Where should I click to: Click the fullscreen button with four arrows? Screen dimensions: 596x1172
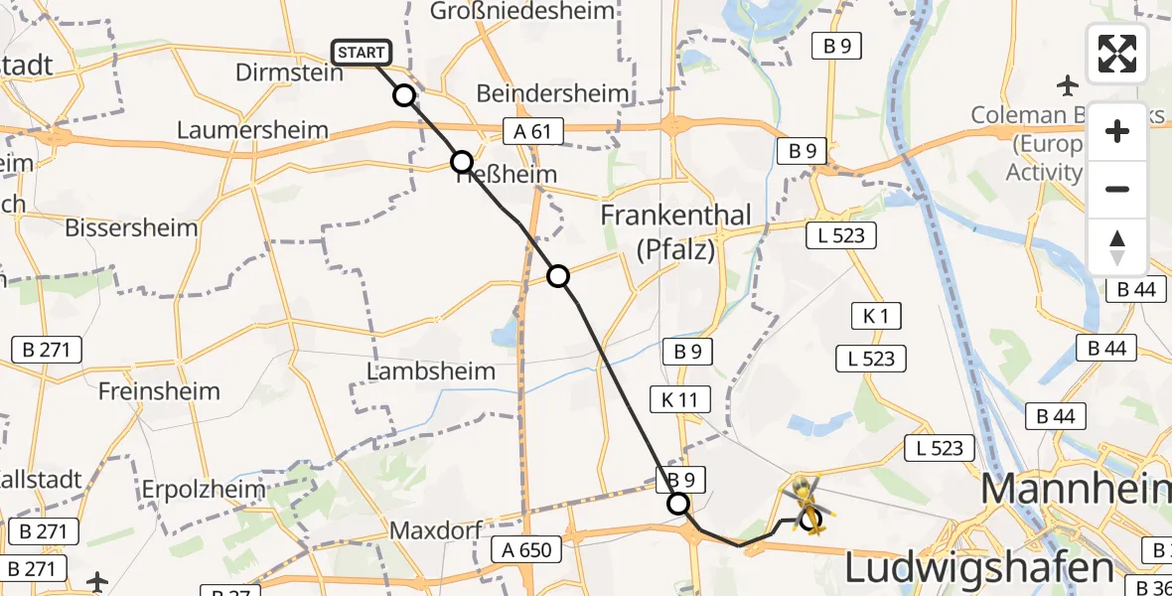(1117, 54)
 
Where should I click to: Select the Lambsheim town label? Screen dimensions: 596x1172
(431, 372)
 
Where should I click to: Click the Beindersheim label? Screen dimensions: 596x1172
(553, 93)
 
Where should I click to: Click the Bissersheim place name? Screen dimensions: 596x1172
(131, 227)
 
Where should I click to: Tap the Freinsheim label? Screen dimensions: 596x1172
(159, 390)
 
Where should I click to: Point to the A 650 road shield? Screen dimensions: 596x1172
(526, 549)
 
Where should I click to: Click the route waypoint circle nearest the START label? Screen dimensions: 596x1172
(404, 95)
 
